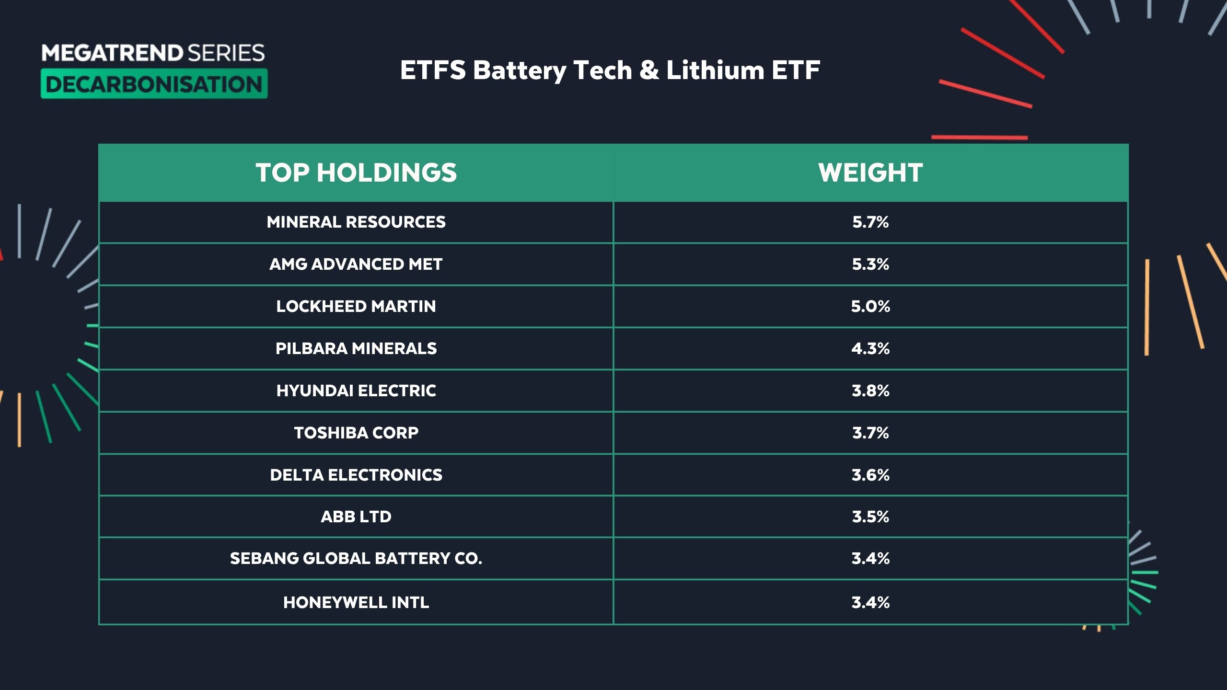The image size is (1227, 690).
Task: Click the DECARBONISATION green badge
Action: (x=154, y=84)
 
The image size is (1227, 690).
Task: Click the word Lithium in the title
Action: (x=715, y=70)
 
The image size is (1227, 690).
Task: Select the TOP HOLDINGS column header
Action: (x=356, y=172)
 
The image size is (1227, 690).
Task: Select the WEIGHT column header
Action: (x=870, y=172)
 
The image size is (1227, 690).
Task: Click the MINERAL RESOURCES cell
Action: (x=356, y=222)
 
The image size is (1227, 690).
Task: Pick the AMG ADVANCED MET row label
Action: (x=356, y=264)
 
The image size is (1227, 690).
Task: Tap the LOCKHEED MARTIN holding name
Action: (x=356, y=306)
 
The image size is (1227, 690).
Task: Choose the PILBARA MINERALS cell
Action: (x=356, y=348)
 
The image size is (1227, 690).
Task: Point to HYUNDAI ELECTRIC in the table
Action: (x=356, y=391)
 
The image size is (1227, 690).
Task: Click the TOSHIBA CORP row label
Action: (x=356, y=433)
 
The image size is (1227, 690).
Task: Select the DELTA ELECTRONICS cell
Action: (x=356, y=475)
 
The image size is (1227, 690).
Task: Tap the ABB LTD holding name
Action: (x=356, y=517)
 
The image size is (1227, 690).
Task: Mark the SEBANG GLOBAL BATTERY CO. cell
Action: (x=356, y=558)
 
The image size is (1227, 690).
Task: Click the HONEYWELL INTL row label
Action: (x=356, y=602)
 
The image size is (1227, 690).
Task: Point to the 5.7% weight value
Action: (x=870, y=222)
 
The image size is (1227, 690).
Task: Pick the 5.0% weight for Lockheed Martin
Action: (x=870, y=306)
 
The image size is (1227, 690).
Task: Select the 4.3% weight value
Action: (x=870, y=348)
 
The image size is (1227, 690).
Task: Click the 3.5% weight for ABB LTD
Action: (x=870, y=517)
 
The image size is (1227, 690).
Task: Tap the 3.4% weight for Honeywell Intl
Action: (x=870, y=602)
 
